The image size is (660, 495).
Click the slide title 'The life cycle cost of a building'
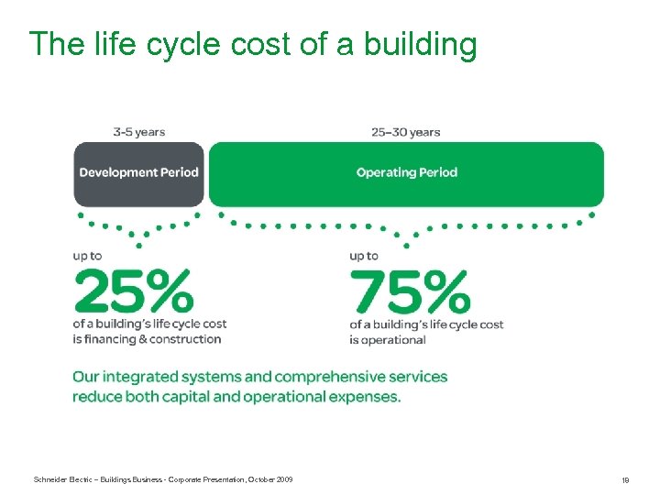253,43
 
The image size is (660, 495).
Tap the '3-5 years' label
138,132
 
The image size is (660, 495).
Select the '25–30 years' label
406,132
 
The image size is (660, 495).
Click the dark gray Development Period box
138,172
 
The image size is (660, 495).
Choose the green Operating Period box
406,172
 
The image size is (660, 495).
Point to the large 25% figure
134,291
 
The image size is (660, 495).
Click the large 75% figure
410,291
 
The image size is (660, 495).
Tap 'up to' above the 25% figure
88,257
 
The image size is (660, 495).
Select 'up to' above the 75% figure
364,257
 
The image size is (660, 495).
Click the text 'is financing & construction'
148,339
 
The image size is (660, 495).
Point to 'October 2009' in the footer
272,479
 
